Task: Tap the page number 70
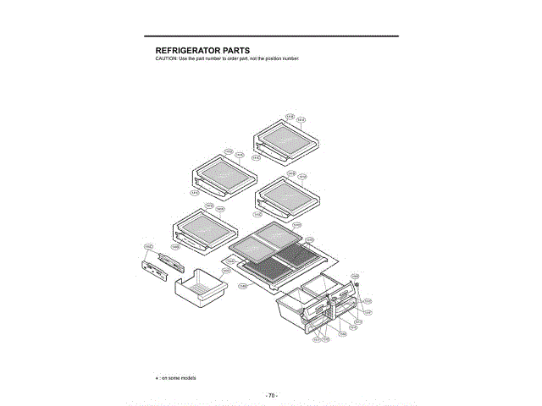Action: click(271, 395)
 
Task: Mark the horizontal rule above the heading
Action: click(271, 36)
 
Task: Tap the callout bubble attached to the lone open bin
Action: click(226, 271)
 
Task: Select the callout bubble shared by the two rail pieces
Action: click(148, 247)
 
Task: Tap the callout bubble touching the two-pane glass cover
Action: click(296, 225)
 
